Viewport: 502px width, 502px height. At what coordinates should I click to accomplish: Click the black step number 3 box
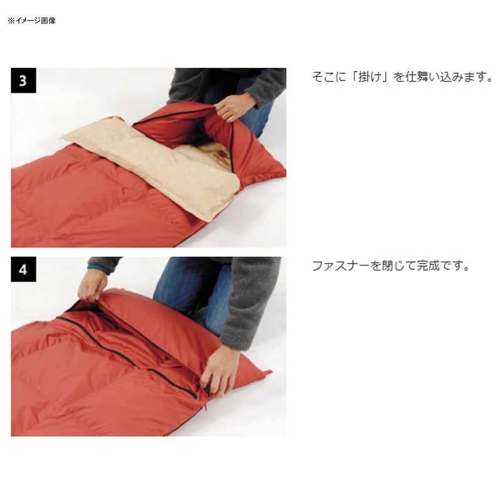click(x=23, y=80)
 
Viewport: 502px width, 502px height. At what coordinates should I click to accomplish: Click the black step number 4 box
click(x=23, y=269)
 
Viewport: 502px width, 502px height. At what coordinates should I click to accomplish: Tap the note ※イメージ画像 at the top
click(x=32, y=21)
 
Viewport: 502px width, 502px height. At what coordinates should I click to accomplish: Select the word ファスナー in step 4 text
click(x=341, y=265)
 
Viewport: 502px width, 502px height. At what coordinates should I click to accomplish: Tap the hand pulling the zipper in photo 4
click(x=220, y=371)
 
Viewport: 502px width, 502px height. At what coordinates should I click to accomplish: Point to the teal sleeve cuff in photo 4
click(x=99, y=269)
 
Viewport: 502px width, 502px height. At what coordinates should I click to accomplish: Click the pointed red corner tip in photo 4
click(x=271, y=371)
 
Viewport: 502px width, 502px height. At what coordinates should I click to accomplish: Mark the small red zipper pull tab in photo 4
click(x=206, y=407)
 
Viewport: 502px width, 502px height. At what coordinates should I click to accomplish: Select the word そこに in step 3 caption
click(x=329, y=77)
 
